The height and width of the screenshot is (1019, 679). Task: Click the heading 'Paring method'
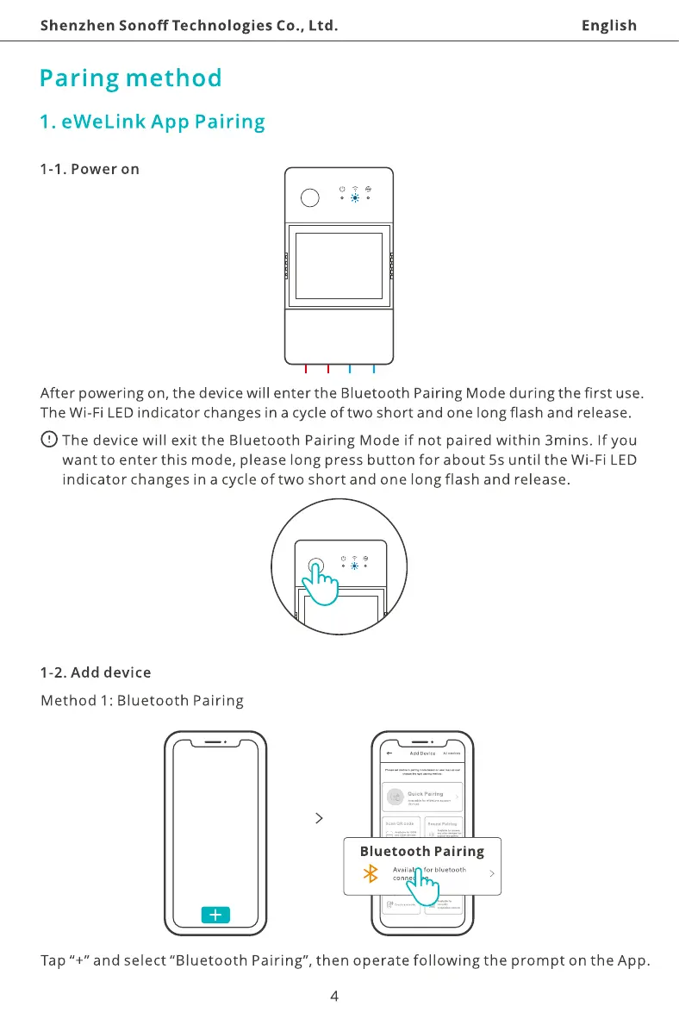pos(131,78)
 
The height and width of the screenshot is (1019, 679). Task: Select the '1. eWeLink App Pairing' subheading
pos(153,122)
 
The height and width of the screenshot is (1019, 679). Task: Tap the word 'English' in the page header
pos(608,25)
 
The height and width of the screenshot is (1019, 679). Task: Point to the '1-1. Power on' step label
pos(90,168)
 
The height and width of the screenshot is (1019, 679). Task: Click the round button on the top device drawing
pos(309,197)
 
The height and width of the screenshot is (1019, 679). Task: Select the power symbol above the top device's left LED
pos(342,187)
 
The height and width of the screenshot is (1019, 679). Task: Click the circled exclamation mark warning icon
pos(50,440)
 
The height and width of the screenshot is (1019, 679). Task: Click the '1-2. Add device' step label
pos(96,672)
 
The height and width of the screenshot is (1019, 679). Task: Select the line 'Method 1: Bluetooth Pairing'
pos(142,700)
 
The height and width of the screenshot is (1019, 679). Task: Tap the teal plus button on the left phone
pos(215,915)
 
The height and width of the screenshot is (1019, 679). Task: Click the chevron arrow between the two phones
pos(319,818)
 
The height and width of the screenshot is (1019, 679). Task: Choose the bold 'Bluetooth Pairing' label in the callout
pos(421,851)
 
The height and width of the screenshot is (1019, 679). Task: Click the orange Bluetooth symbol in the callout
pos(372,874)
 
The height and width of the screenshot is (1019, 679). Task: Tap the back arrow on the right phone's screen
pos(389,753)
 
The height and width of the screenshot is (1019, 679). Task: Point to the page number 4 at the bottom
pos(334,997)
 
